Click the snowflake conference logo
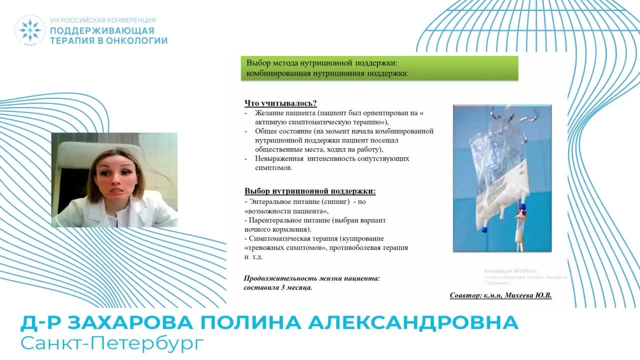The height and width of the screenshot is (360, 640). coord(30,30)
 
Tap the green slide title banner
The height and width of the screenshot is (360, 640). coord(380,68)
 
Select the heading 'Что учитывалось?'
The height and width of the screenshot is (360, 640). coord(280,103)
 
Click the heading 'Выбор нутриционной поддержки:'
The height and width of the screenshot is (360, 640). coord(309,191)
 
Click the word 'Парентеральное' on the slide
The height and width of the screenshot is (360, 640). coord(274,220)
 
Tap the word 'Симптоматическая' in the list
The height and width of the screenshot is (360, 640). coord(277,238)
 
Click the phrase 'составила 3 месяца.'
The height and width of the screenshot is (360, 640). coord(278,288)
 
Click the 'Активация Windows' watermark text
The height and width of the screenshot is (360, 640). coord(510,270)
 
